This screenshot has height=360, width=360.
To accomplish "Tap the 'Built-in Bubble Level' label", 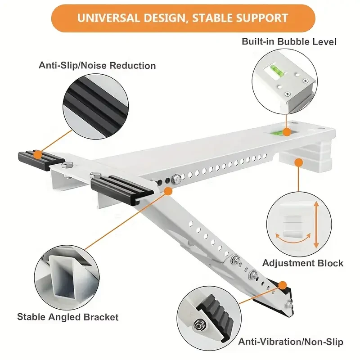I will coord(289,42).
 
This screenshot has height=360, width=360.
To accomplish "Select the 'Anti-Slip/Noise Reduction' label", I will coord(97,66).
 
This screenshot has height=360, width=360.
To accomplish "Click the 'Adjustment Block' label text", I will coord(303,263).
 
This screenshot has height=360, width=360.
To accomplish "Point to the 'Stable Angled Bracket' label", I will coord(68,317).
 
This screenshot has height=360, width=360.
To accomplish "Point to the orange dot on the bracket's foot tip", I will coord(283,285).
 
